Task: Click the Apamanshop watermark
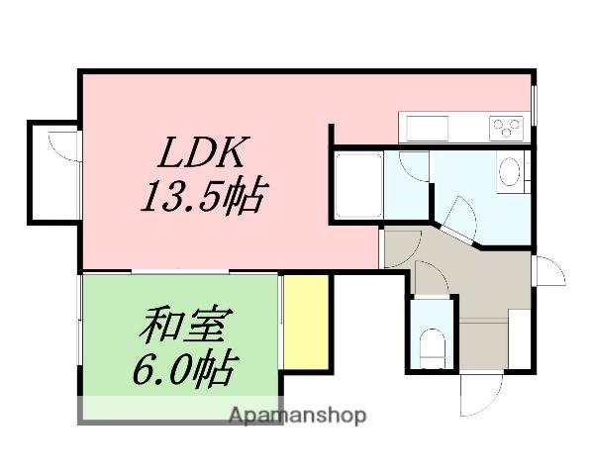297,415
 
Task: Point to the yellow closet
306,319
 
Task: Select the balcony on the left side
51,171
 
